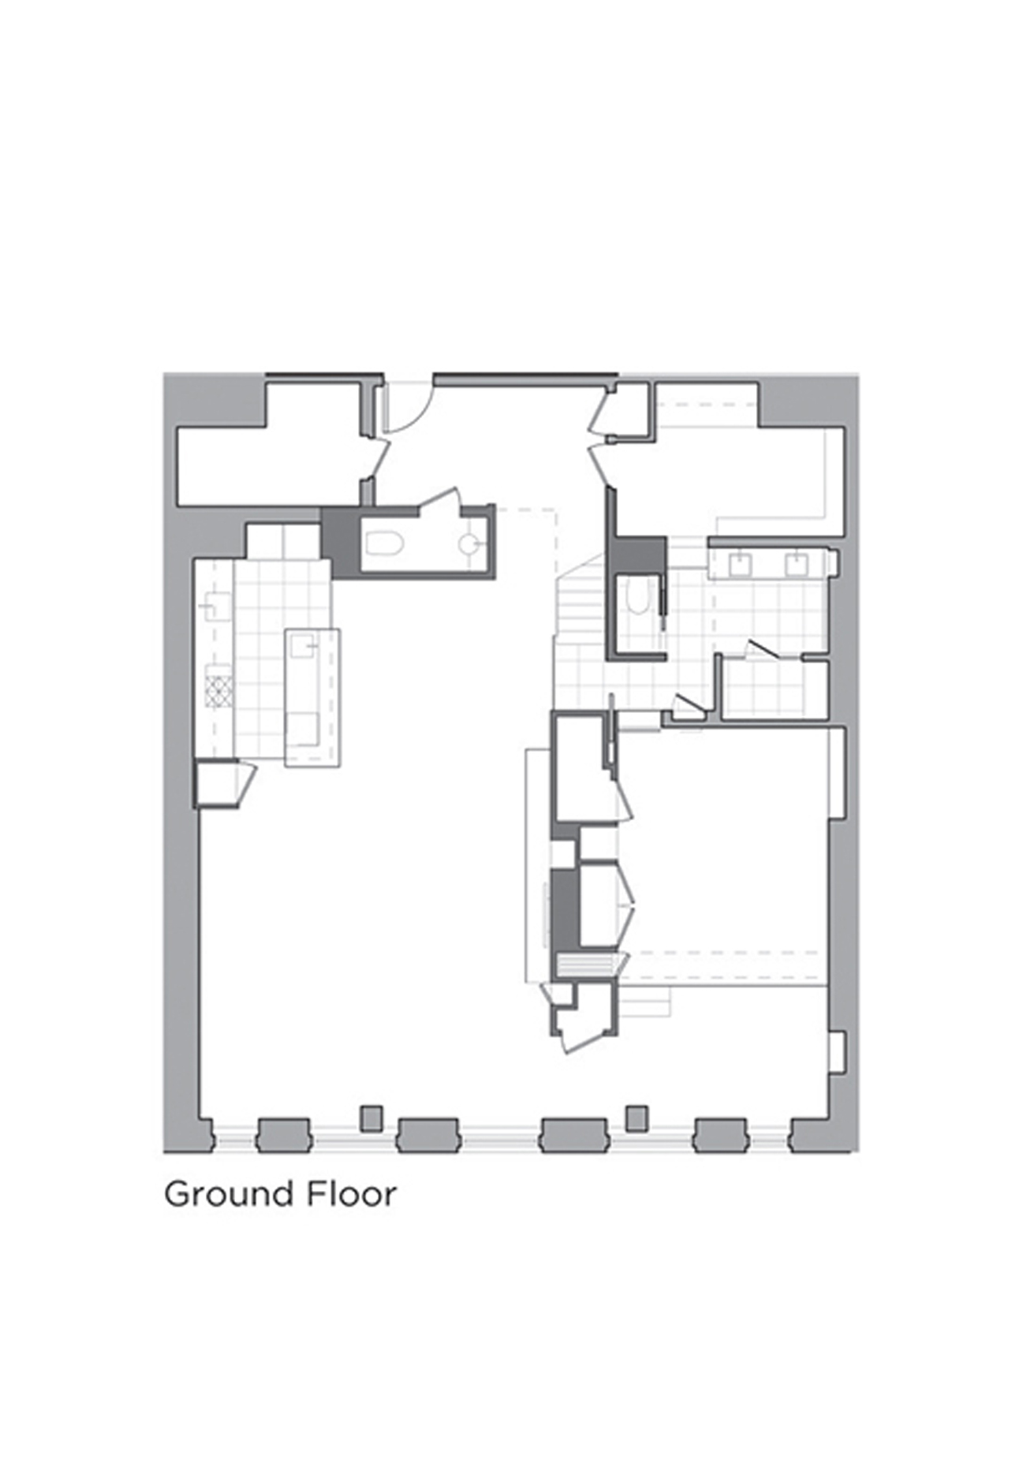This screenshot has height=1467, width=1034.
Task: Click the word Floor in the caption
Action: click(351, 1194)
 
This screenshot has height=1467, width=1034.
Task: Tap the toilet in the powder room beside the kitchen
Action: click(385, 543)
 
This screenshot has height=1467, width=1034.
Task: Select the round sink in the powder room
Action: click(468, 543)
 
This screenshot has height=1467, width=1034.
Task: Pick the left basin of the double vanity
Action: click(740, 565)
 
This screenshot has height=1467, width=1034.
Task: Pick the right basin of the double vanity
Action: click(795, 565)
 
